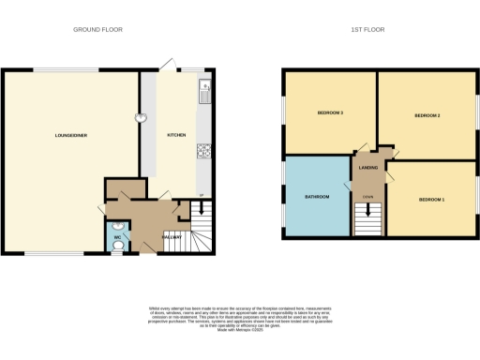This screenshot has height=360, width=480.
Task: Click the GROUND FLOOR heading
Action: [98, 30]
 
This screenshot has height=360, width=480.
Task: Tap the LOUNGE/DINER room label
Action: [71, 136]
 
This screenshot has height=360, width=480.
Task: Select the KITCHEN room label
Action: [176, 135]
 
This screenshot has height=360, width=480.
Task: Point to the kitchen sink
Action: [205, 92]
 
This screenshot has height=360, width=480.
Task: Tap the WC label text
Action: [118, 237]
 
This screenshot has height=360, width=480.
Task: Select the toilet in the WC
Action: [118, 248]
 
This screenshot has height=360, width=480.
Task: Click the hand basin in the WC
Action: [117, 226]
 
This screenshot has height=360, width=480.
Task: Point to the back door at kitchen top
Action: [170, 64]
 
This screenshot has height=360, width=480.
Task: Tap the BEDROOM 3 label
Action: [329, 113]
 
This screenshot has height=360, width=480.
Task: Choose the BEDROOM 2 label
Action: [427, 115]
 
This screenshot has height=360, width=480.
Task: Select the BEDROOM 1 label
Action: [430, 200]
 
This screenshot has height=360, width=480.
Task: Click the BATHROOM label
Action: [316, 197]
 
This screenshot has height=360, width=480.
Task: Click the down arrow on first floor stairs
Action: [367, 210]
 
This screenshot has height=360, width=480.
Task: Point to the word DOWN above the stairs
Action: [367, 196]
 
